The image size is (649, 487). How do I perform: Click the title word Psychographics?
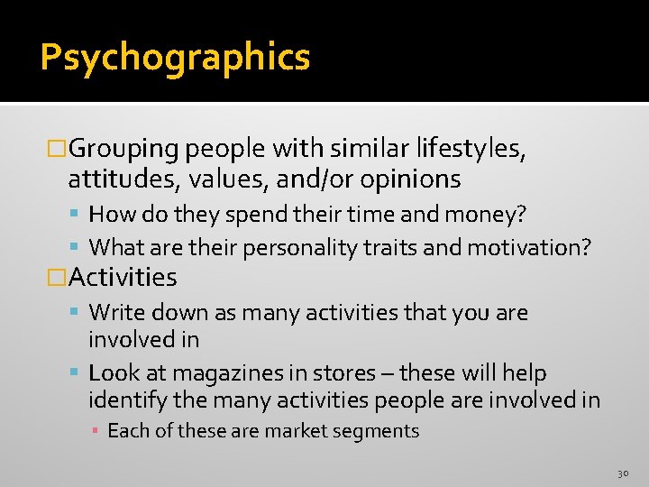pos(175,58)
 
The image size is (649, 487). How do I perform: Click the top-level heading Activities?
pos(123,277)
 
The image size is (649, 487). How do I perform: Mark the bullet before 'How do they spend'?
pos(78,215)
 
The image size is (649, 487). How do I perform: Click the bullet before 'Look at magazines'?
pos(78,373)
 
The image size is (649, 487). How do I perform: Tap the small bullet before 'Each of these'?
pos(98,432)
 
